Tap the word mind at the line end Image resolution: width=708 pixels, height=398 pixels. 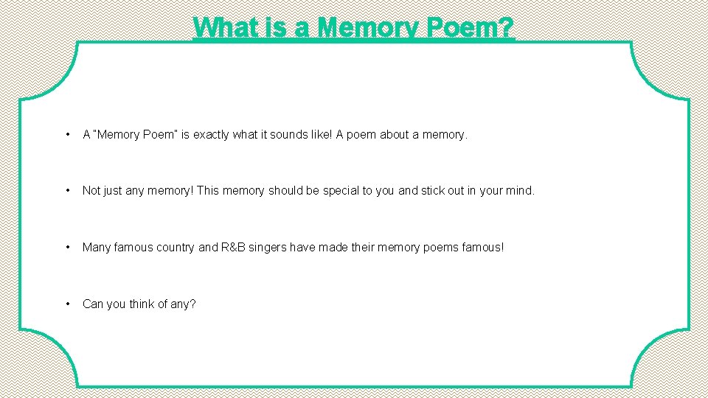pyautogui.click(x=520, y=191)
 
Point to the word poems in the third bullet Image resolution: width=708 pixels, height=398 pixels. pyautogui.click(x=441, y=248)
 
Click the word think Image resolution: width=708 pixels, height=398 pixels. pyautogui.click(x=144, y=304)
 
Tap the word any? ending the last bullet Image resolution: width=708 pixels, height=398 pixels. pyautogui.click(x=181, y=304)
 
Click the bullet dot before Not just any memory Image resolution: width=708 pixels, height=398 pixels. pyautogui.click(x=68, y=191)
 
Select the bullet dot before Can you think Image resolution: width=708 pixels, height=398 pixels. pyautogui.click(x=68, y=304)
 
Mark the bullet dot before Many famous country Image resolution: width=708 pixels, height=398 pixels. pyautogui.click(x=68, y=248)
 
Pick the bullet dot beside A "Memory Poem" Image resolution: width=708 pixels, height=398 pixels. pyautogui.click(x=68, y=134)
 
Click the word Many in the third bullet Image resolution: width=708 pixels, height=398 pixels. pyautogui.click(x=96, y=248)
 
